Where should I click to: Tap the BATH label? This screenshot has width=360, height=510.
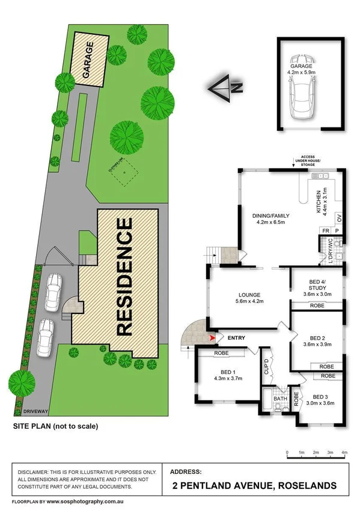[x=280, y=398]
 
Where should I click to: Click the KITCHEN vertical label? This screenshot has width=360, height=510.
[x=318, y=204]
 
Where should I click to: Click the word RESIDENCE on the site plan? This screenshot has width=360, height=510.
[x=124, y=276]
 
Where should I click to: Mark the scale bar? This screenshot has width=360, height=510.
[x=316, y=458]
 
